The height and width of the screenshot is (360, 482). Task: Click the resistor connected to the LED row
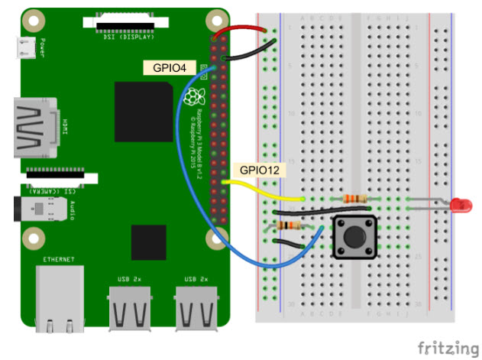(357, 199)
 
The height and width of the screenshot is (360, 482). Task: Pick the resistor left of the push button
(291, 225)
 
